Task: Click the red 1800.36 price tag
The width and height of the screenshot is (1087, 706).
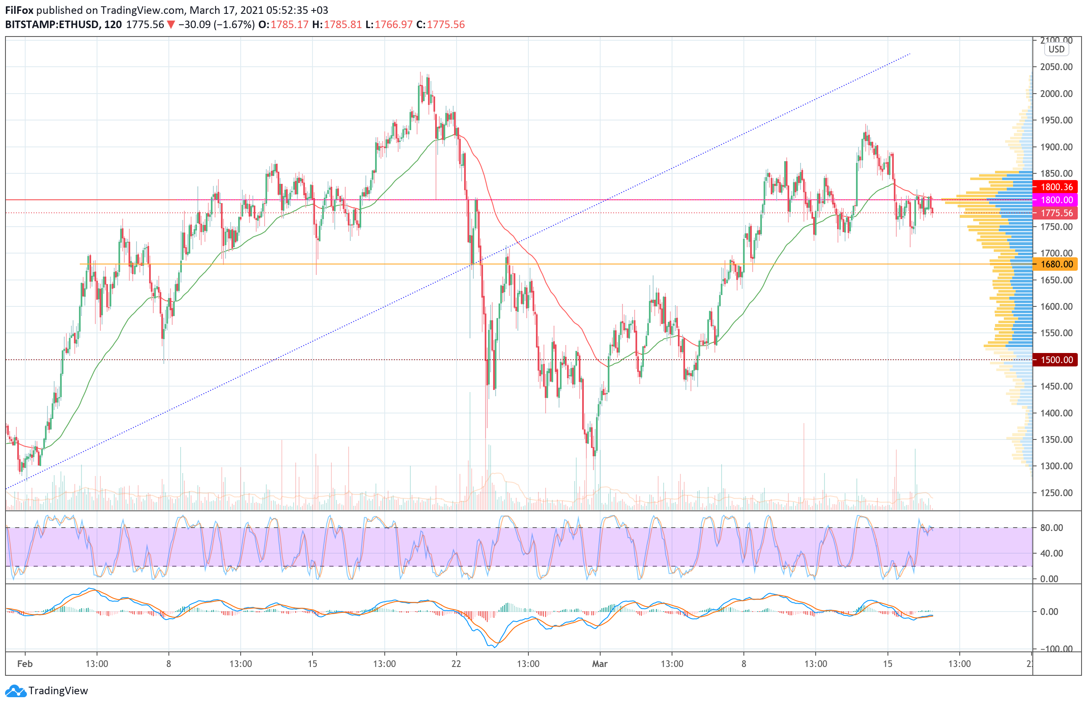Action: pyautogui.click(x=1056, y=187)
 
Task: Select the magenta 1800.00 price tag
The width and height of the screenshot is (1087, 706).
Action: pyautogui.click(x=1056, y=200)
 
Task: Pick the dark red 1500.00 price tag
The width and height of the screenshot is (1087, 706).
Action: pyautogui.click(x=1056, y=360)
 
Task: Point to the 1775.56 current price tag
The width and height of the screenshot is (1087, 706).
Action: pyautogui.click(x=1056, y=213)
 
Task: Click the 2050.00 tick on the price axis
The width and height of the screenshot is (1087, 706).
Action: pyautogui.click(x=1056, y=67)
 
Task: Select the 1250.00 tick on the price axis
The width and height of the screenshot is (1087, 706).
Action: pyautogui.click(x=1056, y=493)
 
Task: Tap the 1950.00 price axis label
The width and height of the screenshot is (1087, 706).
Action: pyautogui.click(x=1056, y=120)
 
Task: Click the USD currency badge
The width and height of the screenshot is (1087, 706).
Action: pyautogui.click(x=1056, y=49)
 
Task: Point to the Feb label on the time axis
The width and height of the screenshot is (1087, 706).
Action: pyautogui.click(x=25, y=664)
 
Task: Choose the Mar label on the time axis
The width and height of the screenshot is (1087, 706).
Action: pyautogui.click(x=600, y=664)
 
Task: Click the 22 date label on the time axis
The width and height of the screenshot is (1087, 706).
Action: pyautogui.click(x=456, y=664)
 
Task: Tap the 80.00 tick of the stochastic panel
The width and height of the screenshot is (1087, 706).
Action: pyautogui.click(x=1051, y=528)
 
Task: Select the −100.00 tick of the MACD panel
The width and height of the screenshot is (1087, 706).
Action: pyautogui.click(x=1055, y=648)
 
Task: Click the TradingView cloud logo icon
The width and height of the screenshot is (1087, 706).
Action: pyautogui.click(x=16, y=691)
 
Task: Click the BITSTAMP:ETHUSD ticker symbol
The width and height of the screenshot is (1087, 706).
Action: pyautogui.click(x=52, y=25)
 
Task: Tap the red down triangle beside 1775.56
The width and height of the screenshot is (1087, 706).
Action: pyautogui.click(x=171, y=25)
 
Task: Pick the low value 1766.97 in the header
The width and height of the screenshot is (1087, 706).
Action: pyautogui.click(x=394, y=25)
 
